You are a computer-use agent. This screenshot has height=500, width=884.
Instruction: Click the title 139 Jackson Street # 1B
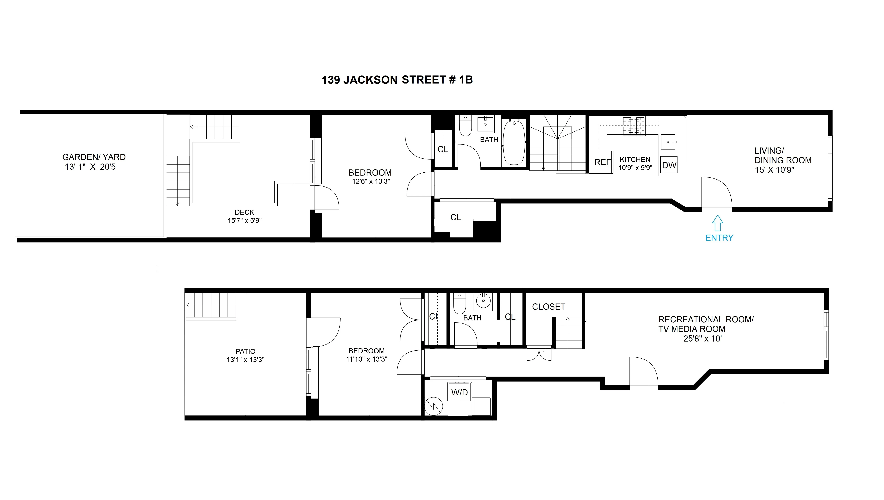397,80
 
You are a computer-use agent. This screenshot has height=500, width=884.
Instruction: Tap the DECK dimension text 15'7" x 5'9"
244,221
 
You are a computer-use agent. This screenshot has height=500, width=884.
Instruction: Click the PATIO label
245,351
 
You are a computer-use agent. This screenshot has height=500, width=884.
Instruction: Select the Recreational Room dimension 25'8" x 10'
702,339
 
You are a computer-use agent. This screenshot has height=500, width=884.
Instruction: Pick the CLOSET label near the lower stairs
548,307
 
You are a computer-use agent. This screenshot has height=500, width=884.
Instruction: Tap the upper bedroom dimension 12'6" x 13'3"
371,181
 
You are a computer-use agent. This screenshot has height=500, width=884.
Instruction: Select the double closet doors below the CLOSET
539,354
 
